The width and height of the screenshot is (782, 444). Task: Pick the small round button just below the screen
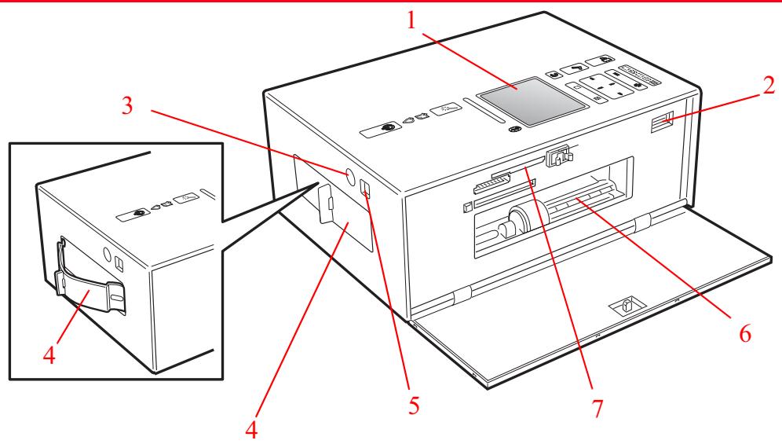[514, 130]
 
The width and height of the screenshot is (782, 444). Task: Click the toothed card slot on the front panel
[491, 185]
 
